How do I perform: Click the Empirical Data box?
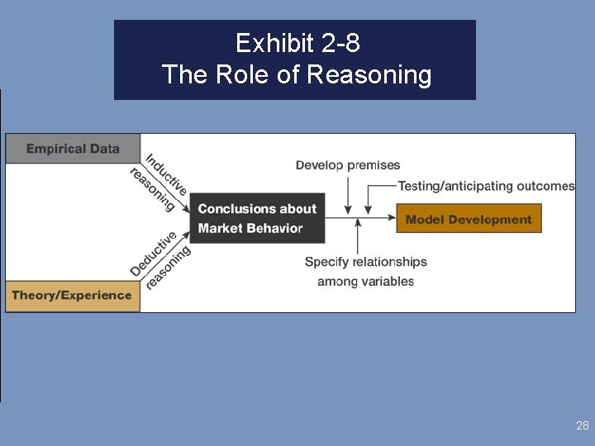[x=73, y=149]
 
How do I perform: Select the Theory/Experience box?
[x=73, y=295]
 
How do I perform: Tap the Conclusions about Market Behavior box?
[x=257, y=218]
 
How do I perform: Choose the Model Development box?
[x=469, y=219]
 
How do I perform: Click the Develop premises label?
[x=348, y=165]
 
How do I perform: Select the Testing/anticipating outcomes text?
[x=486, y=186]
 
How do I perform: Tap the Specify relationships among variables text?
[x=365, y=271]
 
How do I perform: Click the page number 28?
[x=583, y=426]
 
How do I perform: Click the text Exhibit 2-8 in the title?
[x=297, y=42]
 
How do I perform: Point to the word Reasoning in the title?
[x=369, y=75]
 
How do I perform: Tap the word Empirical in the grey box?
[x=55, y=149]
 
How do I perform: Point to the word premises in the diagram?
[x=374, y=165]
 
